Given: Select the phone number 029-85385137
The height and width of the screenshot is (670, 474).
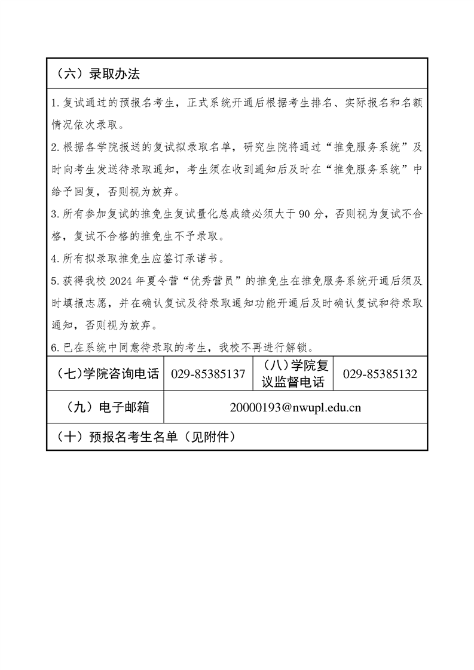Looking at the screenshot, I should tap(208, 374).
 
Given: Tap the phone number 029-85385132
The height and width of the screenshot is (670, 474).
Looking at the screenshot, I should tap(380, 374).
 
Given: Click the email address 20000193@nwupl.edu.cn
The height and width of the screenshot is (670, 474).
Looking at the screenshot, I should tap(295, 408).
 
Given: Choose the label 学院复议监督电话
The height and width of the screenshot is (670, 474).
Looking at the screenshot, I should tap(293, 374).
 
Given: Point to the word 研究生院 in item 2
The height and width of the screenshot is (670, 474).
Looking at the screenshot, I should tap(281, 147).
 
